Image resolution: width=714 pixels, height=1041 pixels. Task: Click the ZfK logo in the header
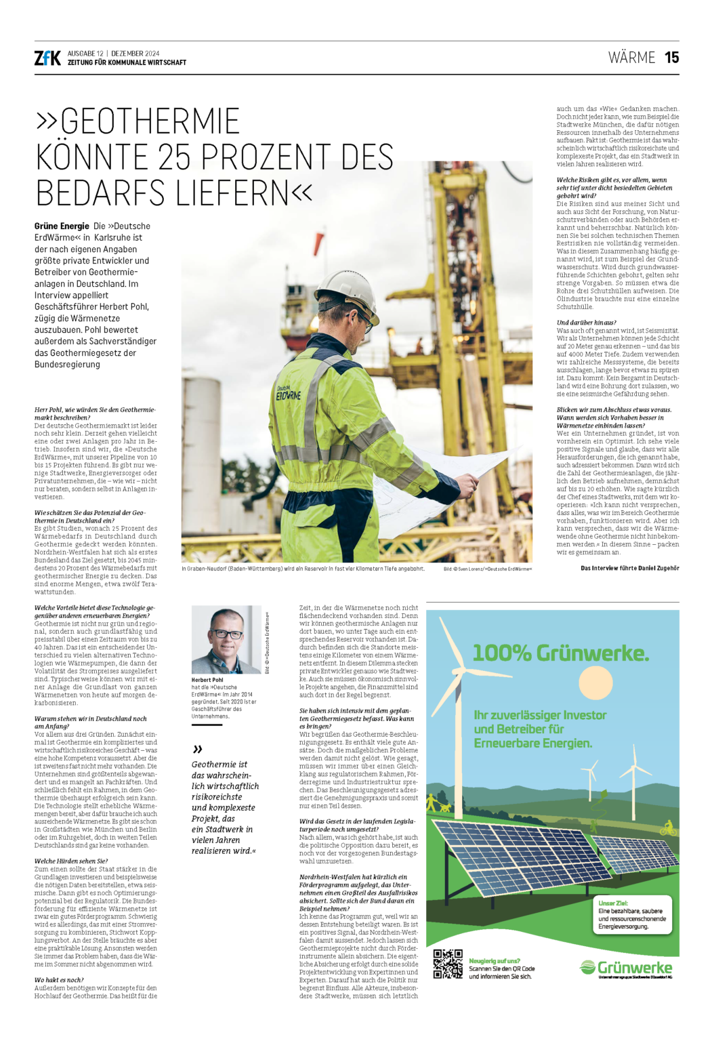point(47,58)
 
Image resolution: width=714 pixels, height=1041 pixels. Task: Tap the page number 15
point(671,58)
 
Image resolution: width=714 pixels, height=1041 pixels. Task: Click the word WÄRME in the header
point(631,58)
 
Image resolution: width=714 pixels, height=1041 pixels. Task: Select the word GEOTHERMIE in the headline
point(149,121)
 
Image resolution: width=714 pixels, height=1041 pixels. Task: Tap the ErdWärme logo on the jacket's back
point(288,393)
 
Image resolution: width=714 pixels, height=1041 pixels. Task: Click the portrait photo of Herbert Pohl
point(226,639)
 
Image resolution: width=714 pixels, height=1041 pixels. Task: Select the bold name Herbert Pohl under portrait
point(207,680)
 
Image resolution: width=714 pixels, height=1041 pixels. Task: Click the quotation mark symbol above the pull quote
point(197,749)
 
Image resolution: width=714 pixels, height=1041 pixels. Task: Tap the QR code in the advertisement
point(448,964)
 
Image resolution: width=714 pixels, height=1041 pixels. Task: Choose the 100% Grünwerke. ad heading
point(560,653)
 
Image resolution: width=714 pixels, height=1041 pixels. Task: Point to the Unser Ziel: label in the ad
point(612,903)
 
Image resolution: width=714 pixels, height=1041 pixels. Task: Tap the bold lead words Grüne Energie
point(62,226)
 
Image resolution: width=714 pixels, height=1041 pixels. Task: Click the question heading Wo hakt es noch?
point(59,980)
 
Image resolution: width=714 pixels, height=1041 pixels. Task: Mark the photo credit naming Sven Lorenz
point(488,569)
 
